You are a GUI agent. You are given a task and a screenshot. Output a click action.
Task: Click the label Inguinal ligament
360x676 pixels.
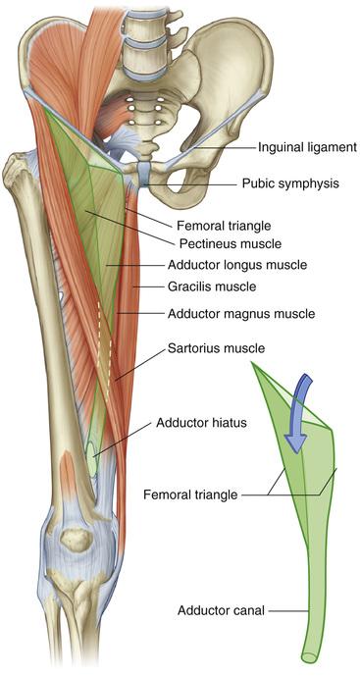point(307,148)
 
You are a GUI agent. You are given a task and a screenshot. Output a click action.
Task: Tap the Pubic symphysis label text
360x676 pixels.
point(290,183)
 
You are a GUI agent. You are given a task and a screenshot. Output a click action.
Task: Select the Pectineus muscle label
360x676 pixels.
point(231,243)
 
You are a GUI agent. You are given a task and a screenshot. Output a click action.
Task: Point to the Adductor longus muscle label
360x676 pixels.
point(237,264)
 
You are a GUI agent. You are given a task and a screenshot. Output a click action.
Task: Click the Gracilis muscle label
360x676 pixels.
point(211,286)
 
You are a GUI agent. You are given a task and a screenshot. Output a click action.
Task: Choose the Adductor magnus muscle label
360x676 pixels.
point(241,313)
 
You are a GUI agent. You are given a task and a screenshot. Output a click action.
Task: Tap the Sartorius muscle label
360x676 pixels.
point(216,348)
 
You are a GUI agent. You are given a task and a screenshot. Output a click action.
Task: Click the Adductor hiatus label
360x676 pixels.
point(201,423)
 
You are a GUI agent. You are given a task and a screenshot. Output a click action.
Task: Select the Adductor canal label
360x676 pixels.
point(221,610)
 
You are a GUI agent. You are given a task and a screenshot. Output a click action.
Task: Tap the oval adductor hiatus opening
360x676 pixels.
point(91,456)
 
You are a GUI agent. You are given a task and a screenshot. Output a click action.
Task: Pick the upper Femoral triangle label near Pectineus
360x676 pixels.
point(224,225)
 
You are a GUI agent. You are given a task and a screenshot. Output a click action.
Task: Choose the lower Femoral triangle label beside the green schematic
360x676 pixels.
point(190,494)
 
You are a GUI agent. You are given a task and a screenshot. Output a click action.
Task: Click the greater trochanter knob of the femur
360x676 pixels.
point(18,167)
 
